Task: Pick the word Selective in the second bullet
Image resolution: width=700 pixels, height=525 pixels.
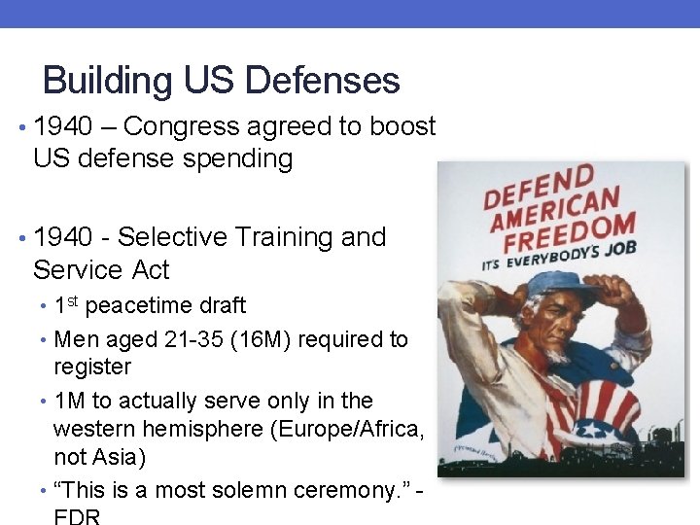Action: pos(169,237)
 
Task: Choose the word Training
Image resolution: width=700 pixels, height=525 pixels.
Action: pos(284,237)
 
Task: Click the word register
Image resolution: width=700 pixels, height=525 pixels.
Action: pos(92,367)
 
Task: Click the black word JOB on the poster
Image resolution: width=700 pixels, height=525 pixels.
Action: pos(618,249)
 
